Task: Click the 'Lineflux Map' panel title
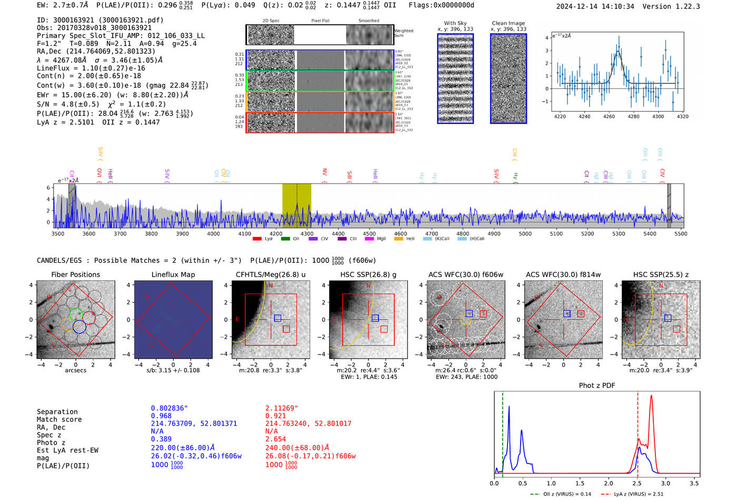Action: tap(173, 274)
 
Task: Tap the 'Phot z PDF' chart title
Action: tap(596, 386)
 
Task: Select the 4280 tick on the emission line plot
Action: tap(633, 116)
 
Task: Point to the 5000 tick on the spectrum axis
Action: tap(525, 233)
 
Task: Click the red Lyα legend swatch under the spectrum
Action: tap(257, 239)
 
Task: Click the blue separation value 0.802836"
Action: tap(169, 408)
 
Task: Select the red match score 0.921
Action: tap(276, 416)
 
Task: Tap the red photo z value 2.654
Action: tap(276, 439)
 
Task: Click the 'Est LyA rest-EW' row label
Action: tap(67, 450)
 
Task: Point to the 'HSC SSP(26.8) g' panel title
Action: tap(368, 274)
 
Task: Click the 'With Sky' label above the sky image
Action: tap(455, 23)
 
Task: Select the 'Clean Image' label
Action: tap(508, 23)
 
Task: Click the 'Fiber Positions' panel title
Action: tap(75, 274)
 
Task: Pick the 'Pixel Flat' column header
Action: tap(320, 21)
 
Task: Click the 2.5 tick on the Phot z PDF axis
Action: tap(637, 483)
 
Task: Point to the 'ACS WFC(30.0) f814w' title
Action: tap(563, 274)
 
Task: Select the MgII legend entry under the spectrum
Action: tap(381, 239)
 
